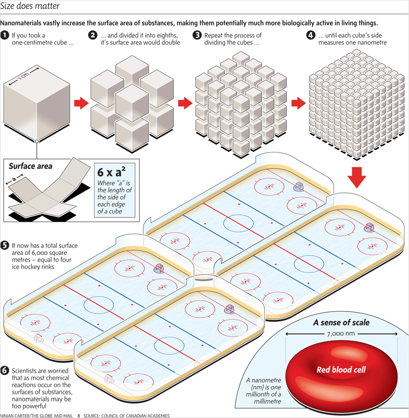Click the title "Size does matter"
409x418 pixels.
pyautogui.click(x=30, y=6)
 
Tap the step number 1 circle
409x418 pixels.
pyautogui.click(x=5, y=35)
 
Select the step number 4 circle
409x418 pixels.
pyautogui.click(x=311, y=35)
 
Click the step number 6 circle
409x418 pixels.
pyautogui.click(x=5, y=370)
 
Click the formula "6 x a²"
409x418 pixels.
pyautogui.click(x=111, y=172)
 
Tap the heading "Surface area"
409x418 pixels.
pyautogui.click(x=30, y=166)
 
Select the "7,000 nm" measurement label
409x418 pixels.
pyautogui.click(x=341, y=334)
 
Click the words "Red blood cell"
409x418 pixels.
pyautogui.click(x=341, y=369)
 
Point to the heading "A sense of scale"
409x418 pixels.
pyautogui.click(x=342, y=322)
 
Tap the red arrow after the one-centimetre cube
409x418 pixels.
pyautogui.click(x=81, y=103)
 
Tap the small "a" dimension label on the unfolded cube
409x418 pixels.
pyautogui.click(x=14, y=179)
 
